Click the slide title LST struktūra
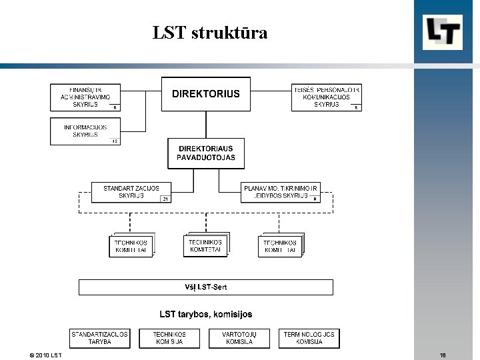click(210, 32)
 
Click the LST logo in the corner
click(442, 32)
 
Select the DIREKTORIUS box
click(205, 94)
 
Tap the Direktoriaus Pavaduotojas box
click(205, 153)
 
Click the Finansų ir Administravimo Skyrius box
click(85, 97)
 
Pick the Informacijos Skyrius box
click(85, 131)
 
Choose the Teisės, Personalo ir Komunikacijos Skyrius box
click(327, 97)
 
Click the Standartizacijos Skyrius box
click(131, 192)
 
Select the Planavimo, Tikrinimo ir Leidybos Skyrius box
click(281, 192)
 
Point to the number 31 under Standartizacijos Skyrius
click(165, 199)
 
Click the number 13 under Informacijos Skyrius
click(115, 141)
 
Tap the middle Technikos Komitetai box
click(205, 245)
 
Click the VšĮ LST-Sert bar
click(205, 287)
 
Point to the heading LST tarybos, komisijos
click(205, 314)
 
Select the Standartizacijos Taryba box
click(100, 338)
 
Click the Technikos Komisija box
click(169, 338)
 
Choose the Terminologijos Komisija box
click(309, 338)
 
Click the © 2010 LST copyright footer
click(45, 355)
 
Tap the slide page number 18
click(443, 355)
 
